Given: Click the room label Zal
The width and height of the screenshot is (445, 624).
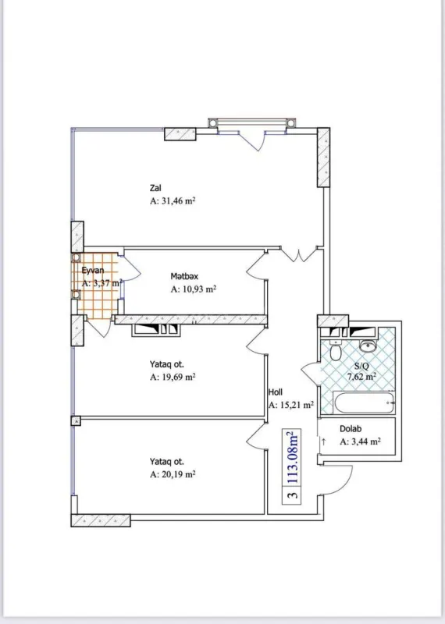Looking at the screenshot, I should click(156, 187).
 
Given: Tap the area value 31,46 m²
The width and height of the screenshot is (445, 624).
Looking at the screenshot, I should click(173, 201).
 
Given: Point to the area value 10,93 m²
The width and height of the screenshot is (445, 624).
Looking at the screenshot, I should click(193, 289).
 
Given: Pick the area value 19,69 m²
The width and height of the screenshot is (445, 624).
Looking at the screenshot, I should click(173, 377).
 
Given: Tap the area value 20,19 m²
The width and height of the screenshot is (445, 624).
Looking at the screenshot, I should click(173, 473).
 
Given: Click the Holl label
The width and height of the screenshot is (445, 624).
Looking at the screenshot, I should click(275, 392).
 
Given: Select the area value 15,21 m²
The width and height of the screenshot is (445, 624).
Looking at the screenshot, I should click(290, 406).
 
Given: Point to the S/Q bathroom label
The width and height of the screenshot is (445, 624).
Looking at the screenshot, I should click(361, 365).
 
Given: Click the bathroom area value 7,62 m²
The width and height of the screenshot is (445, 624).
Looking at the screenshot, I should click(361, 376).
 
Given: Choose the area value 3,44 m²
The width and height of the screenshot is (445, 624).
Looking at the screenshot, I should click(360, 441).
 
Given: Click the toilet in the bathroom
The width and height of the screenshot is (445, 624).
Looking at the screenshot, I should click(336, 352).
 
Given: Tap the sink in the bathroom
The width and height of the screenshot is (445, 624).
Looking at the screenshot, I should click(368, 346).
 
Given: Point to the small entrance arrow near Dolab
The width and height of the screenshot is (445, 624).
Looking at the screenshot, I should click(323, 441).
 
